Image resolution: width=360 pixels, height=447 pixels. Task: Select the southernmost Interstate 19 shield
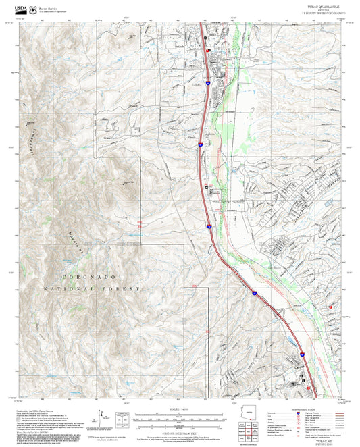point(302,353)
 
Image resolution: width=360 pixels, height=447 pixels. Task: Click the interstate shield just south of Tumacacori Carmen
point(209,226)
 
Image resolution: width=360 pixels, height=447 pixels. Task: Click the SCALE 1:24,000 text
point(180,409)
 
